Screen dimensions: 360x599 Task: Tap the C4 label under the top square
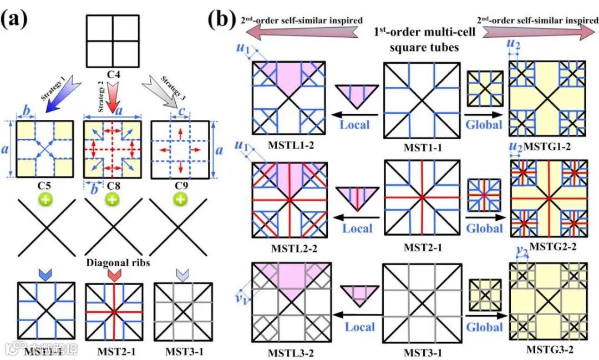[113, 72]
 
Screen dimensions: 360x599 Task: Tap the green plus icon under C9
[180, 199]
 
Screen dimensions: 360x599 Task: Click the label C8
[113, 185]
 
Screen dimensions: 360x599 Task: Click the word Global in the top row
[484, 124]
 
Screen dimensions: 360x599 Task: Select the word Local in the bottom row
[360, 327]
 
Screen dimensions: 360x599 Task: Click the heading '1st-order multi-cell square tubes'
[425, 40]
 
